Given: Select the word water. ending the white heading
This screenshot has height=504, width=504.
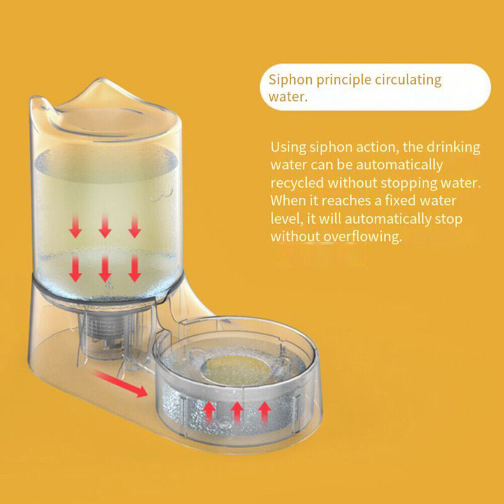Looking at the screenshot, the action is click(288, 97).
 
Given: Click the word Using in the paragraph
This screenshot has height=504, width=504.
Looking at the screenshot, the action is click(288, 148).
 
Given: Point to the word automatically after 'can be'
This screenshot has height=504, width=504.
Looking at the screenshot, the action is click(399, 165).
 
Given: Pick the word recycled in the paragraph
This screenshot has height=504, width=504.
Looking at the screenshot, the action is click(297, 183).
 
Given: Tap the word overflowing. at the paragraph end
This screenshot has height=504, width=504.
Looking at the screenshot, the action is click(363, 237).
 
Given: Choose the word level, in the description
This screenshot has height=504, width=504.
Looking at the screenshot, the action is click(287, 219).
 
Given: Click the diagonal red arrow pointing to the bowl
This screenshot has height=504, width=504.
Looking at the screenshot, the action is click(120, 384).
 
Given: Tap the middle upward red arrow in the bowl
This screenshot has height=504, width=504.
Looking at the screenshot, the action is click(237, 413).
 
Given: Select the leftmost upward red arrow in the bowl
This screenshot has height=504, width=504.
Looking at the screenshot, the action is click(209, 413).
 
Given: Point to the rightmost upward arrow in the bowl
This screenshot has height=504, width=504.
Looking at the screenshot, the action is click(265, 412).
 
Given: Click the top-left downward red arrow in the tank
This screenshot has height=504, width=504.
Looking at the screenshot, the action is click(76, 227).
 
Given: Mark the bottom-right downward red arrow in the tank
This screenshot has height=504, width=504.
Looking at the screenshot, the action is click(135, 269).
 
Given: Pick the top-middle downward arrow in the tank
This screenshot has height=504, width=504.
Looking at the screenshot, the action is click(105, 226).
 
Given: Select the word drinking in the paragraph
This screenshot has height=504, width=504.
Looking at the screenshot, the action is click(453, 148).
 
